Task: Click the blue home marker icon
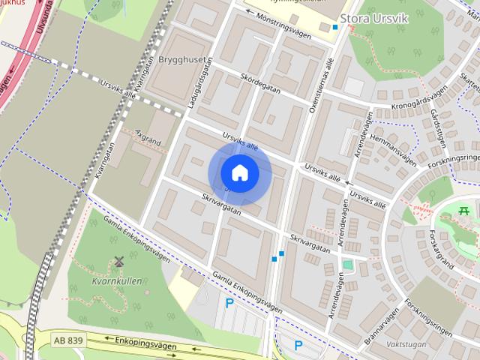[239, 173]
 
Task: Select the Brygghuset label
[180, 58]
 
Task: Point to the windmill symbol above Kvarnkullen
[118, 262]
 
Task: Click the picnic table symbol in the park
[465, 210]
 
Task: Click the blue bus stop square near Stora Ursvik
[335, 27]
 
